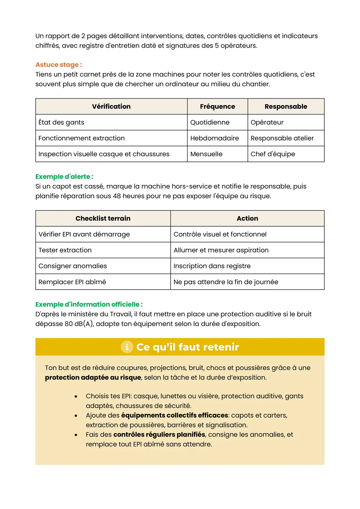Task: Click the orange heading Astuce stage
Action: pos(58,65)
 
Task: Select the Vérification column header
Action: pos(111,106)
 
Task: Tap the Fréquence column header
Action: pos(217,106)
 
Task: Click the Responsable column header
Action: pos(286,106)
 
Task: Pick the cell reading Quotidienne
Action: pos(210,122)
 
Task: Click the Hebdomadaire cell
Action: pos(214,138)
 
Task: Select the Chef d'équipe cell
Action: pos(273,154)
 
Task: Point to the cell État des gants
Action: pos(61,122)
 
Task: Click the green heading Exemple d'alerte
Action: pos(64,177)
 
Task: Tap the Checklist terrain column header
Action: pos(103,219)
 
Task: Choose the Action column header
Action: pos(247,219)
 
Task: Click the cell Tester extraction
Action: pos(65,250)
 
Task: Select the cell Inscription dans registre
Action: pos(212,266)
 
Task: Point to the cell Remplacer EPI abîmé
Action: pos(72,282)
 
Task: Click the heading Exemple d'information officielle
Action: pos(89,304)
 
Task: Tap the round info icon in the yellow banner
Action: pos(127,347)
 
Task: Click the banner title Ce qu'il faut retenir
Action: pos(187,347)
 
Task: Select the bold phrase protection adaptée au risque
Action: pos(93,377)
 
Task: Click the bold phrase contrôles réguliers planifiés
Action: pos(159,435)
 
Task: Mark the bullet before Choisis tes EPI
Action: pos(76,397)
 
